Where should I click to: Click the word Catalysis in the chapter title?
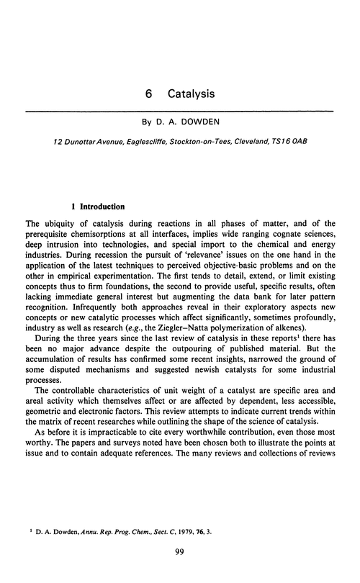[191, 94]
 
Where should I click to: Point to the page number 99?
[180, 572]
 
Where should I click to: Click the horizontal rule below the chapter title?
[180, 110]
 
